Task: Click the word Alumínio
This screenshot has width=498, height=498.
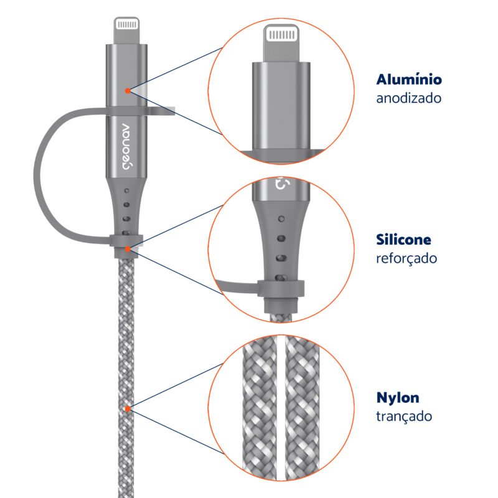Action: [x=409, y=80]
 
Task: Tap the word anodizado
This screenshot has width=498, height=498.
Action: [x=409, y=98]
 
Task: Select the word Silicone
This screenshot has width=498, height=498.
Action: [x=403, y=240]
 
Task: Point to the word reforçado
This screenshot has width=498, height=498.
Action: [x=406, y=258]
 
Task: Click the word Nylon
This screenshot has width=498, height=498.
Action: [x=398, y=398]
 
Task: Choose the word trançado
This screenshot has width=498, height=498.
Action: [x=404, y=416]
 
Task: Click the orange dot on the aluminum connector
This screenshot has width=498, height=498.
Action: [x=128, y=91]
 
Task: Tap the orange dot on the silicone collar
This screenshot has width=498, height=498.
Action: [x=128, y=248]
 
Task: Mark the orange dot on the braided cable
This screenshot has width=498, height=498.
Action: [x=128, y=408]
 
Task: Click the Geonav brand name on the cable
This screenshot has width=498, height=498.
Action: [x=126, y=146]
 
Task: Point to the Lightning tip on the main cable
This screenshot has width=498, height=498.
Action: [x=127, y=31]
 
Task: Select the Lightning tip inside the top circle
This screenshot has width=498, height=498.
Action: [x=281, y=43]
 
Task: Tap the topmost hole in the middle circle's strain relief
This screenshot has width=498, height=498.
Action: [x=281, y=219]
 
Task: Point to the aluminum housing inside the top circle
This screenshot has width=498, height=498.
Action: [x=281, y=105]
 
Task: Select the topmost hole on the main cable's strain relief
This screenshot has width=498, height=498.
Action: [x=127, y=191]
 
